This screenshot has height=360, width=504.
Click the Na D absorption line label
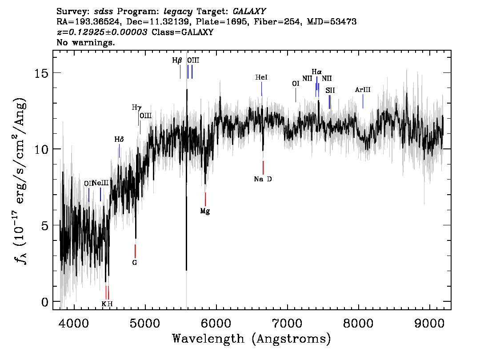click(263, 179)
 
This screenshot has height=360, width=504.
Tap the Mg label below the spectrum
click(205, 211)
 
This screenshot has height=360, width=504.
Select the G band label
click(135, 263)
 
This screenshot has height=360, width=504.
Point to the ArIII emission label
click(363, 90)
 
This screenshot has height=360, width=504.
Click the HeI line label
click(261, 77)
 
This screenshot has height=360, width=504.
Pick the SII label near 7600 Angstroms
click(330, 90)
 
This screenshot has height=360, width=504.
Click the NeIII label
click(100, 183)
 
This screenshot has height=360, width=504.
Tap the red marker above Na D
click(263, 168)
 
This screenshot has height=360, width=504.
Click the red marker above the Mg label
click(205, 199)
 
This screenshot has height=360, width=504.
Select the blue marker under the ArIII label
click(363, 101)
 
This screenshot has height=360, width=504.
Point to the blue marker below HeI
click(262, 89)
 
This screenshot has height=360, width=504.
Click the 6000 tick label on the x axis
click(216, 323)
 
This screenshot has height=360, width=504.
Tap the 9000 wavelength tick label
click(429, 323)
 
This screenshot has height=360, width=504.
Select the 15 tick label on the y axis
click(41, 73)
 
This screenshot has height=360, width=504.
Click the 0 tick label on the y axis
click(45, 302)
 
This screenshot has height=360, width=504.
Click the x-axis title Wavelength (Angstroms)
click(252, 339)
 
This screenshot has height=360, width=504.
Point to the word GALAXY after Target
click(249, 12)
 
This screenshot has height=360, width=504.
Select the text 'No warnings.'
click(85, 42)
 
